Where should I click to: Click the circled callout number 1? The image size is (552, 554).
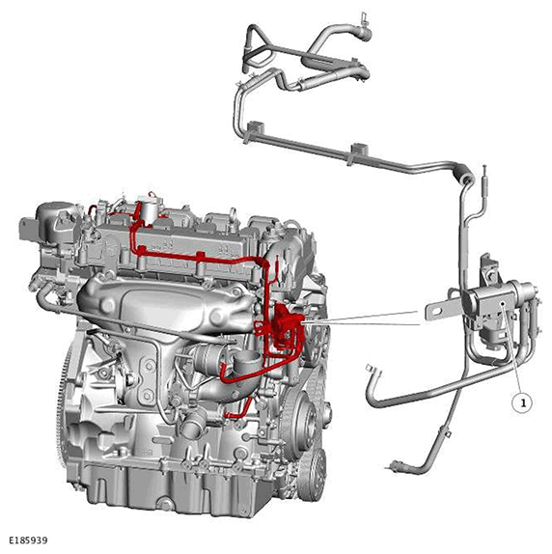[523, 402]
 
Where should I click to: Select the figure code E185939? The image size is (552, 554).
[28, 540]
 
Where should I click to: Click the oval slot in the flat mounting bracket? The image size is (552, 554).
[437, 311]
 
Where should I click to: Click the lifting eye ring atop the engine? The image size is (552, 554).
[233, 213]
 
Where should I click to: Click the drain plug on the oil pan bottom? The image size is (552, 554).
[165, 504]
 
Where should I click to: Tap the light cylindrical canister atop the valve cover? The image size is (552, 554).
[149, 211]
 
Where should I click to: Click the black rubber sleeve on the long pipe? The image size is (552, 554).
[462, 176]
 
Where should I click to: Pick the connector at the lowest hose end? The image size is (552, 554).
[395, 465]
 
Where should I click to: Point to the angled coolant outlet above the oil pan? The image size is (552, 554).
[191, 424]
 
